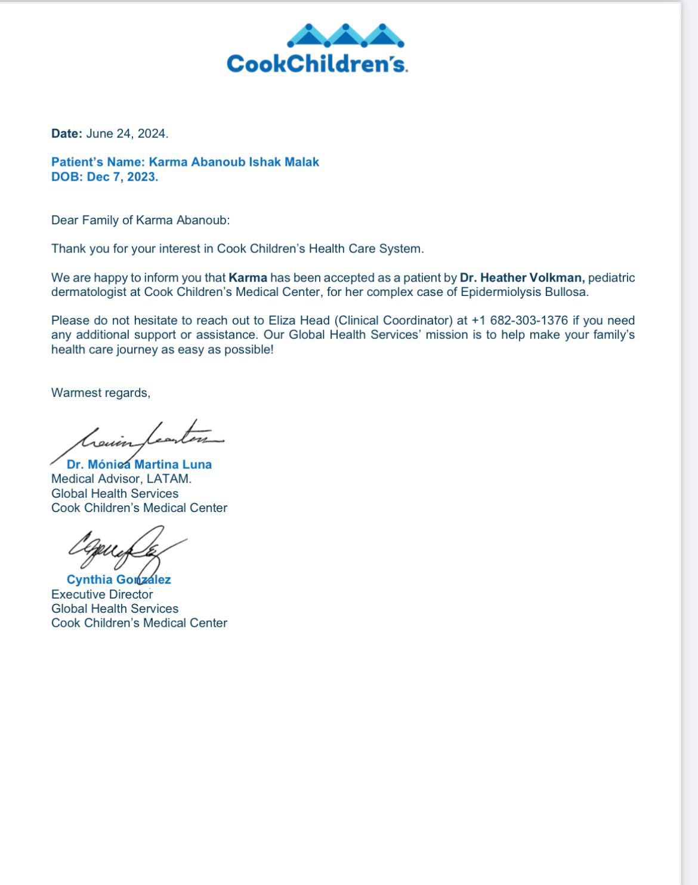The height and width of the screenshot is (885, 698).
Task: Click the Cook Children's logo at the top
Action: (x=317, y=50)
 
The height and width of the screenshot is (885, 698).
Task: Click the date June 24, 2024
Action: (x=127, y=134)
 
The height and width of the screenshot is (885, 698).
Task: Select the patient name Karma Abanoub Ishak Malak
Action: (x=234, y=162)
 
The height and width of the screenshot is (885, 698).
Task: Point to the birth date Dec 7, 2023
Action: (x=122, y=177)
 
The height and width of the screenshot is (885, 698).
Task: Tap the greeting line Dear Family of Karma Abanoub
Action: (x=140, y=220)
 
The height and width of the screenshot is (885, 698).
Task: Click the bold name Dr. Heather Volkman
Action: (x=522, y=277)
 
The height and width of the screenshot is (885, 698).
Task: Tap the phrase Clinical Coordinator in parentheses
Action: (x=396, y=320)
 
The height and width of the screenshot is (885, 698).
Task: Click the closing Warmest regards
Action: (x=101, y=393)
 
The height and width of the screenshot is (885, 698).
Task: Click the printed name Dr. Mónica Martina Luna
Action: (x=139, y=464)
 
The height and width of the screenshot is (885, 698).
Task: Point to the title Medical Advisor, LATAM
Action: (x=122, y=479)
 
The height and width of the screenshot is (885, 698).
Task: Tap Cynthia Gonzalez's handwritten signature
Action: (x=122, y=546)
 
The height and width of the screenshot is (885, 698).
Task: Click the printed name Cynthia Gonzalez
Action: (x=119, y=579)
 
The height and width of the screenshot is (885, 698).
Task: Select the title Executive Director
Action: (x=102, y=594)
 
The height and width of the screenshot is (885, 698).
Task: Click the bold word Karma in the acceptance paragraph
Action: (x=248, y=277)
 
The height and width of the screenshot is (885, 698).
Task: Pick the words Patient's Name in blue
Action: (x=98, y=162)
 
